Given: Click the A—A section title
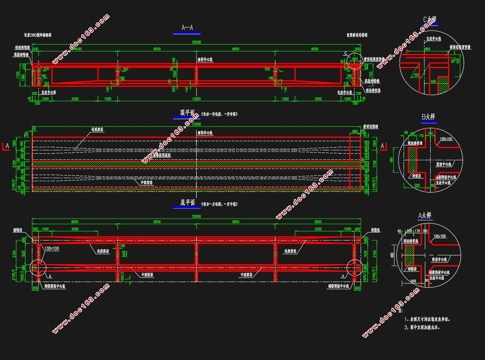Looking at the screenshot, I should pos(187,28).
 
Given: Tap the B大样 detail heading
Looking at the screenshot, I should pos(429,117).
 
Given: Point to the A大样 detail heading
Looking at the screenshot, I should pos(425,215).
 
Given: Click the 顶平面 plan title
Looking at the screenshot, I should pos(187,113).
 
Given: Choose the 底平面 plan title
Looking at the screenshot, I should pos(187,203).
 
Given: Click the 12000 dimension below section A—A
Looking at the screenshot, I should pos(196,99).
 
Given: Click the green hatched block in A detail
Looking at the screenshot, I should pos(409,255).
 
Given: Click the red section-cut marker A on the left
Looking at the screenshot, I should pos(6,146).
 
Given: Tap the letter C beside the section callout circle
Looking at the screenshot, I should pos(345,53).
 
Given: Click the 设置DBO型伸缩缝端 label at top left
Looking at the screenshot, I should pos(38,35).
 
